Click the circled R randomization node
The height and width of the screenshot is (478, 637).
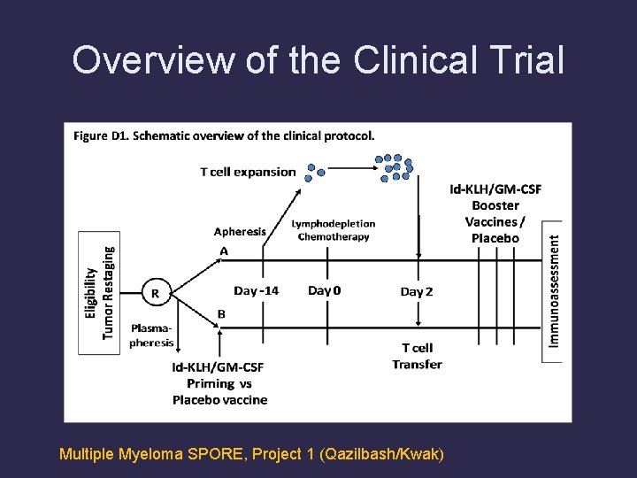(x=155, y=292)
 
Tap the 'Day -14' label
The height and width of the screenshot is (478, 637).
(x=256, y=290)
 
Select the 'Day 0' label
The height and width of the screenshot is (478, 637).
(x=324, y=290)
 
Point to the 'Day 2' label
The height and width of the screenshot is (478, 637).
(x=417, y=291)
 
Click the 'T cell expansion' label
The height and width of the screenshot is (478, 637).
(x=248, y=172)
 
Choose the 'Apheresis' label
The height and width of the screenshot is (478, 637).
(x=240, y=232)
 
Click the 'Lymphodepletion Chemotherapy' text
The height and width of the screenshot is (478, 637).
(x=333, y=230)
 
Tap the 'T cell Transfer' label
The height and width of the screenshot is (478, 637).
(x=417, y=356)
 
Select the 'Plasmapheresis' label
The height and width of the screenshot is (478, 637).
(x=152, y=335)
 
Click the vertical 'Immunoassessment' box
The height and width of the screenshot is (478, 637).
(x=553, y=290)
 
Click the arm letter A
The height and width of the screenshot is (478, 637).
(x=224, y=251)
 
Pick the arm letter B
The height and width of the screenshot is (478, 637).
(x=221, y=313)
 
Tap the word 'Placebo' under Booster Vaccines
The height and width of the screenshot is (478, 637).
(x=495, y=238)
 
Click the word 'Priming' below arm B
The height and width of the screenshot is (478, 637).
(x=211, y=383)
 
